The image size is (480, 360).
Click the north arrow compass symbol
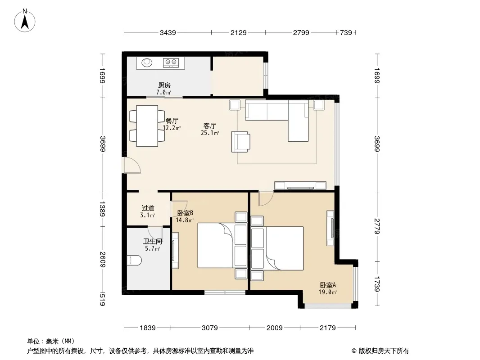coord(25,21)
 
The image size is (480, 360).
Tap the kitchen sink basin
coord(147,63)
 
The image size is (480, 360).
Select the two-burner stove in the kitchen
coord(171,63)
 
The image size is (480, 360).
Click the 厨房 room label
coord(164,85)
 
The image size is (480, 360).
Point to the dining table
coord(147,126)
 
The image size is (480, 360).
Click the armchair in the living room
coord(240,142)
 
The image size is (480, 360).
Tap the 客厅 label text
coord(210,126)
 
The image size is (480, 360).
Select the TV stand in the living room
coord(300,186)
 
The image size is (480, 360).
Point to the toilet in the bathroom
coord(134,261)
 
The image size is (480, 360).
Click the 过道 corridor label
coord(148,208)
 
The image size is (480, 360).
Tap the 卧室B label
coord(185,213)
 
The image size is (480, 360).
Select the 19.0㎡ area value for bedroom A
coord(328,292)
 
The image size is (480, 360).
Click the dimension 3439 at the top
coord(168,32)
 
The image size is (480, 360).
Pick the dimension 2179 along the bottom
coord(327,328)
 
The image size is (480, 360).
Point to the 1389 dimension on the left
coord(102,209)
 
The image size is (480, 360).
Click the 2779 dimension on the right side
coord(377,226)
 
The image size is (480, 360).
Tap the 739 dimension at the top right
coord(346,32)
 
